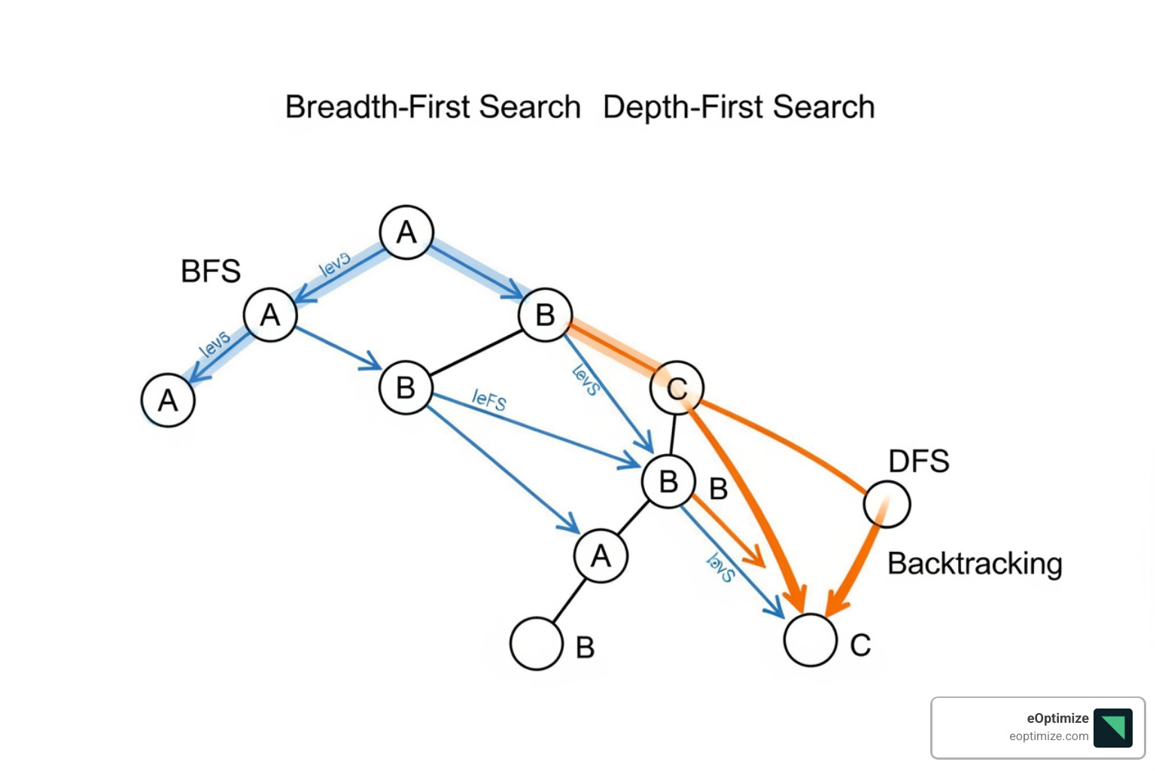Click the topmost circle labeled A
pyautogui.click(x=406, y=232)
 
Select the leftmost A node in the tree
pyautogui.click(x=168, y=400)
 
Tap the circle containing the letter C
pyautogui.click(x=677, y=388)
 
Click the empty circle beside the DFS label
pyautogui.click(x=887, y=504)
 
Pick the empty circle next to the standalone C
pyautogui.click(x=810, y=640)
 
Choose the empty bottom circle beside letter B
pyautogui.click(x=536, y=644)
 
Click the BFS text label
pyautogui.click(x=211, y=271)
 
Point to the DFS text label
pyautogui.click(x=918, y=461)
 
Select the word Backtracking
pyautogui.click(x=975, y=563)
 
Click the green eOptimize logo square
pyautogui.click(x=1112, y=727)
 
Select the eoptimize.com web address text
pyautogui.click(x=1048, y=736)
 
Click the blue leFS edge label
pyautogui.click(x=489, y=399)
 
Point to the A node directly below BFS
pyautogui.click(x=270, y=315)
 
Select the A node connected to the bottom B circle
pyautogui.click(x=600, y=556)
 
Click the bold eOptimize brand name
pyautogui.click(x=1057, y=718)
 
